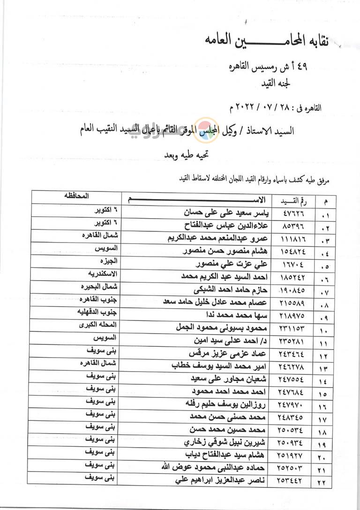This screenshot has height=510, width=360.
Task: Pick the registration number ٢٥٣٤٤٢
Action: pos(292,480)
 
